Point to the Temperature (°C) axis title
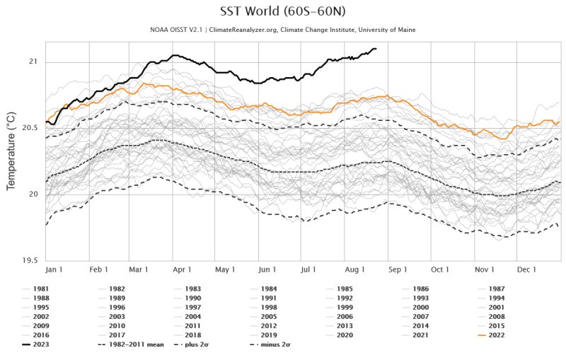tap(11, 150)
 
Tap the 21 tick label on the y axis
tap(33, 62)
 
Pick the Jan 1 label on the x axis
tap(55, 269)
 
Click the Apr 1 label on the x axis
tap(183, 269)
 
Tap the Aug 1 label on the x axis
tap(354, 269)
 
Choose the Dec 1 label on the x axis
tap(526, 269)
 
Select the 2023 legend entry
tap(41, 344)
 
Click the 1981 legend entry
tap(41, 289)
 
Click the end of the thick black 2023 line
tap(376, 49)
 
